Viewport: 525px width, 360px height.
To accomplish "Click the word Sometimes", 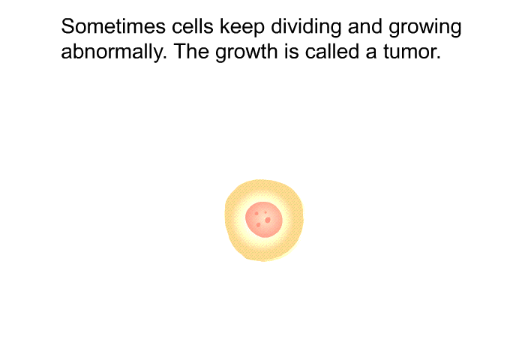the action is click(113, 26).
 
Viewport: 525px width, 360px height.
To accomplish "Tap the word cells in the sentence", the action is click(193, 26).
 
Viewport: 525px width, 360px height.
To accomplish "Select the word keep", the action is click(242, 28).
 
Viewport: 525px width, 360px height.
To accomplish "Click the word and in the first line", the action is click(365, 26).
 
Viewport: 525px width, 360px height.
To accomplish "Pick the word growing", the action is click(425, 28).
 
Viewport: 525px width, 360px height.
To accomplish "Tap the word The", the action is click(191, 52).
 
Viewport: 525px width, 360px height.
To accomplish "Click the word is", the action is click(291, 52).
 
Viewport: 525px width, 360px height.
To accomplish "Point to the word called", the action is click(331, 52).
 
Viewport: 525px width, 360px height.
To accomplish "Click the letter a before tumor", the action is click(371, 54).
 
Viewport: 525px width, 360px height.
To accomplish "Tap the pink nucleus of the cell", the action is click(264, 220).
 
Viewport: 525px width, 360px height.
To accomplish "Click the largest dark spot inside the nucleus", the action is click(268, 220).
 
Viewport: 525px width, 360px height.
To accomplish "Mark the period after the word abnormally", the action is click(164, 58).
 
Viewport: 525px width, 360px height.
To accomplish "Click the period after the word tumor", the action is click(439, 58).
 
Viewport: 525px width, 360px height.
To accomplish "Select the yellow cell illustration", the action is click(264, 220).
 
